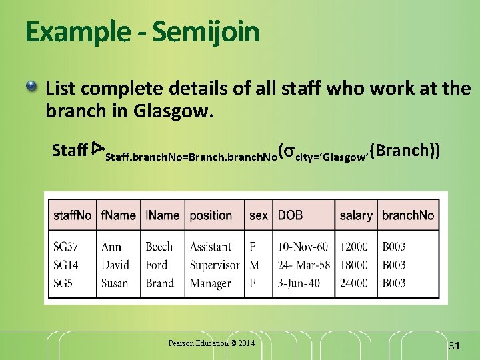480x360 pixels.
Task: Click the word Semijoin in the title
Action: click(x=205, y=32)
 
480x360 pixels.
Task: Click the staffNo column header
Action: click(x=73, y=215)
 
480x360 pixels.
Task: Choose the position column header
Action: click(x=211, y=215)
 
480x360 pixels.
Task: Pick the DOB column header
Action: click(x=290, y=215)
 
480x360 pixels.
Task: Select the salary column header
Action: click(x=356, y=215)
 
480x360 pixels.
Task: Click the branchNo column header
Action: click(x=408, y=215)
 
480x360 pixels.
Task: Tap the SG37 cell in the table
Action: click(x=65, y=247)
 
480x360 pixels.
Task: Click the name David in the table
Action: click(x=115, y=265)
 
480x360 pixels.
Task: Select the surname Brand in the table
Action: click(x=159, y=283)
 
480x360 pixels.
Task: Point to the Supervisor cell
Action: click(x=214, y=265)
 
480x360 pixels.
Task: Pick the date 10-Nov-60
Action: click(x=303, y=247)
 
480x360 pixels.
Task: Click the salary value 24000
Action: click(x=353, y=283)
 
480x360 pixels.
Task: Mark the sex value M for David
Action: click(x=254, y=265)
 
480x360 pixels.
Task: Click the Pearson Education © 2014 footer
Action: click(x=211, y=343)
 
